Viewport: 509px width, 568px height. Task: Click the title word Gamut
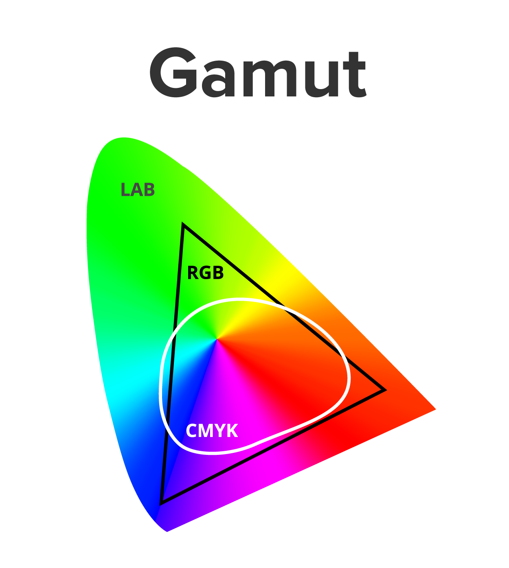click(258, 72)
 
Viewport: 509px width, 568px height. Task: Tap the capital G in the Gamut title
click(173, 72)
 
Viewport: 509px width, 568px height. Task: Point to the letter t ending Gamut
click(355, 74)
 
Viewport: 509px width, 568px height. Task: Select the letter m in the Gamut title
click(270, 78)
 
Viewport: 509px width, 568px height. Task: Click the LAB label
click(138, 190)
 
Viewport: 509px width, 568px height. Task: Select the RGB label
click(205, 273)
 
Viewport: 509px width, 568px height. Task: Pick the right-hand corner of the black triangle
click(386, 390)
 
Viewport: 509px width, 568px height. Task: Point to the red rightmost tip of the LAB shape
click(436, 409)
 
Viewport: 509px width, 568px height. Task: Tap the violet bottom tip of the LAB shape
click(167, 532)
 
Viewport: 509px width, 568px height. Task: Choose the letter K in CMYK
click(232, 430)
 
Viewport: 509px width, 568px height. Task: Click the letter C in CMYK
click(191, 430)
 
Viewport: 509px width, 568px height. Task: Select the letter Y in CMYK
click(220, 430)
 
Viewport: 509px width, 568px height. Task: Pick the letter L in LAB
click(125, 190)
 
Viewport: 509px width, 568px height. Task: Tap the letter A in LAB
click(137, 190)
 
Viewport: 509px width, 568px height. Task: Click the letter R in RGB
click(193, 273)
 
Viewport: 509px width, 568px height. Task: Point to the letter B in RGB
click(218, 273)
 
